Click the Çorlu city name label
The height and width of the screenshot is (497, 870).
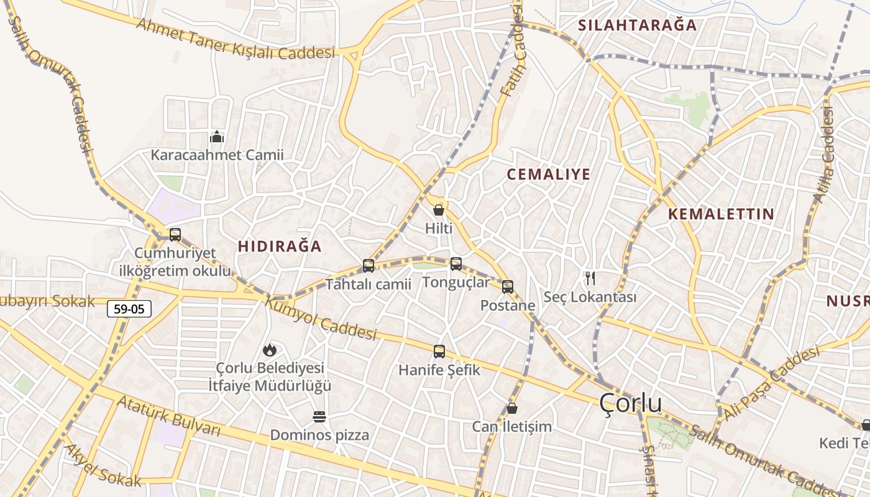[631, 404]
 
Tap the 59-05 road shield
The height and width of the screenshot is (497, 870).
[129, 308]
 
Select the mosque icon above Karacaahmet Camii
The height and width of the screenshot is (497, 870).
[217, 137]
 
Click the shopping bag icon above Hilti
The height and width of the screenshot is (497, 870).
[439, 210]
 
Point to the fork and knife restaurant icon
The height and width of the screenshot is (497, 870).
[590, 278]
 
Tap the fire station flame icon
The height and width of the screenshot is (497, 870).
[269, 350]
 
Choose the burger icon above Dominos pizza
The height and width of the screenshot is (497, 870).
[319, 416]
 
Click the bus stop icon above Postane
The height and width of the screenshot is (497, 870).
[508, 287]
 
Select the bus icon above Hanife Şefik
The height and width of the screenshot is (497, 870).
[439, 352]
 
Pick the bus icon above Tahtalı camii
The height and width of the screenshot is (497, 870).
[369, 266]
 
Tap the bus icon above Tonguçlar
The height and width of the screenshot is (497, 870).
[456, 264]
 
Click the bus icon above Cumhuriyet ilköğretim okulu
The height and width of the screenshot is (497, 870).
[175, 235]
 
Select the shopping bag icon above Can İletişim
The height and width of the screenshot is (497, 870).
[512, 408]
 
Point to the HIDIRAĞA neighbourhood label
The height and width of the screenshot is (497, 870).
[280, 247]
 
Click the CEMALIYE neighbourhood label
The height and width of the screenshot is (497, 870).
[548, 175]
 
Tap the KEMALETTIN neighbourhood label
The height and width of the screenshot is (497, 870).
[721, 214]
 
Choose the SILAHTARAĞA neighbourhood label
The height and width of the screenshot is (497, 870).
[638, 25]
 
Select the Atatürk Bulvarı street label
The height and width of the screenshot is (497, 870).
[168, 417]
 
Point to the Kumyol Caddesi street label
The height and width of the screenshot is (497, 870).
[321, 319]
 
